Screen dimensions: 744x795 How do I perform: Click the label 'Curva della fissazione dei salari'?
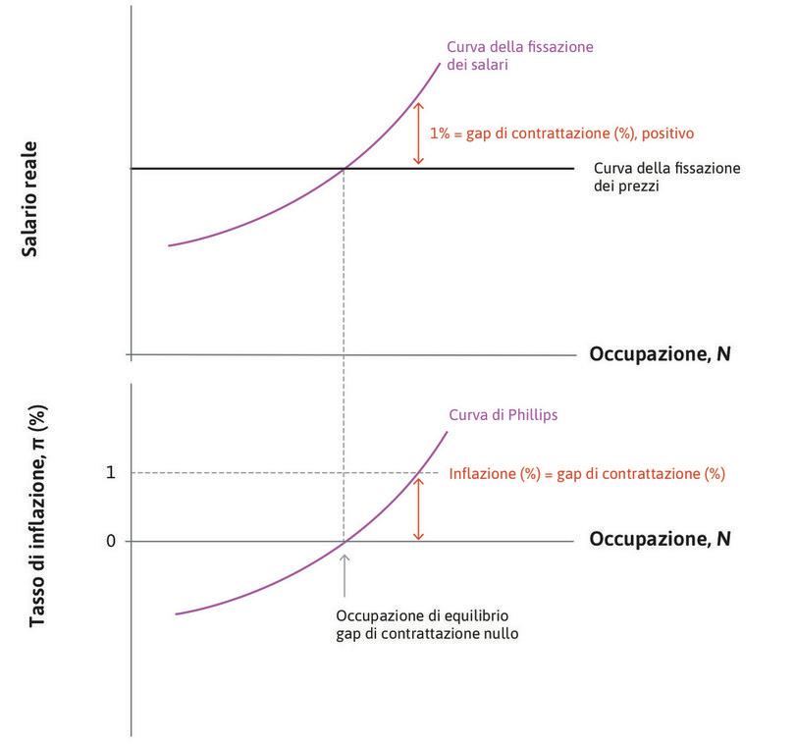pyautogui.click(x=520, y=57)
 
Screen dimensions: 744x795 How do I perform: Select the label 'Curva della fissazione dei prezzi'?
pyautogui.click(x=667, y=176)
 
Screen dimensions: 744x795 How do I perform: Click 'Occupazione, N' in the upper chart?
pyautogui.click(x=660, y=353)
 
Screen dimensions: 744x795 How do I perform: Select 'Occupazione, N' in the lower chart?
pyautogui.click(x=660, y=539)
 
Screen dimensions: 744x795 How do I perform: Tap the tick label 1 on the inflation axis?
pyautogui.click(x=111, y=472)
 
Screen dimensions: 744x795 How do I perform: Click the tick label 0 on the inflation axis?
pyautogui.click(x=111, y=541)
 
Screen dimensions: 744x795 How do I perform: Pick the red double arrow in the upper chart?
pyautogui.click(x=418, y=133)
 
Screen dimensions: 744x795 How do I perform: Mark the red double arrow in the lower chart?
pyautogui.click(x=418, y=507)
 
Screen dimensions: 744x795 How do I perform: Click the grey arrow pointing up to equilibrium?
pyautogui.click(x=344, y=575)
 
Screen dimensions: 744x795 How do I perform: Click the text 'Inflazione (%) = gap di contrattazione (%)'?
pyautogui.click(x=587, y=474)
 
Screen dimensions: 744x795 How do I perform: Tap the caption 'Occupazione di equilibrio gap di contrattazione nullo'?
pyautogui.click(x=426, y=624)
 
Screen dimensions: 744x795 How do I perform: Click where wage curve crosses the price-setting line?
pyautogui.click(x=344, y=169)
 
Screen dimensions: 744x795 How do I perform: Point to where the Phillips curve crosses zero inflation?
pyautogui.click(x=344, y=541)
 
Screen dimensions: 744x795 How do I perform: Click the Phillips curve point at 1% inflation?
pyautogui.click(x=418, y=473)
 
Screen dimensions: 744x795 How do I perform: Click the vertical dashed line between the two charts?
pyautogui.click(x=344, y=373)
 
